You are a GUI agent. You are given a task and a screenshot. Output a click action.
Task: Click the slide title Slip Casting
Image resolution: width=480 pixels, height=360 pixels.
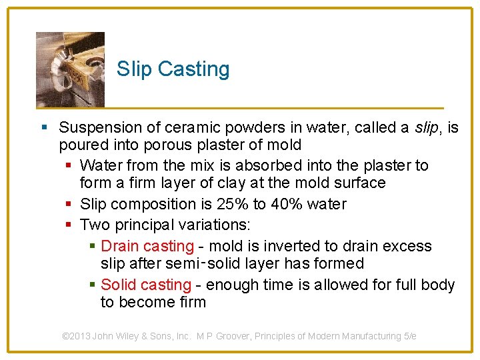click(x=173, y=69)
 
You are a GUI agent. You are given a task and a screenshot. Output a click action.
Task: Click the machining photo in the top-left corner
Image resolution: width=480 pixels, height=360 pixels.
click(x=70, y=69)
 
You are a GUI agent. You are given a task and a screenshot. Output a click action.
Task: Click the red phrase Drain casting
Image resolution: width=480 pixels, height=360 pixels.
click(x=147, y=247)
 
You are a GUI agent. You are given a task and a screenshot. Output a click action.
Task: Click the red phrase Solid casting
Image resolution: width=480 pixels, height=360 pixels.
click(x=145, y=285)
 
